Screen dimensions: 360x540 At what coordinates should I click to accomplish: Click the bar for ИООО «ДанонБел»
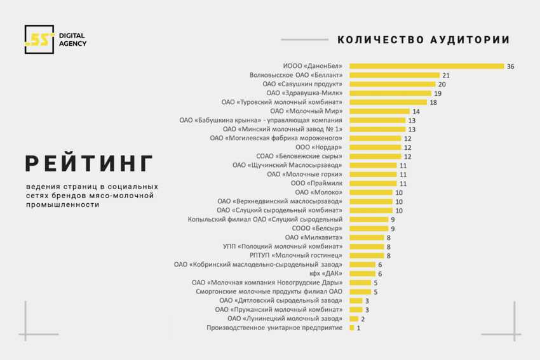(426, 66)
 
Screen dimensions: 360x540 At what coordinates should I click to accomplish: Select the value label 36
(511, 66)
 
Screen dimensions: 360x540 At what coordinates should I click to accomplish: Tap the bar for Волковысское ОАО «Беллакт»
(395, 75)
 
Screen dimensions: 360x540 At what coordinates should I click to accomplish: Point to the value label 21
(446, 75)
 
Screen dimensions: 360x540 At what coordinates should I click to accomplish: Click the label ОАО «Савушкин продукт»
(302, 84)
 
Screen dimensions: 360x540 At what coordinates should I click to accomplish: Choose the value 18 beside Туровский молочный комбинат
(433, 102)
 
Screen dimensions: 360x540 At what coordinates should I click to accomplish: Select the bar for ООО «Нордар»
(375, 147)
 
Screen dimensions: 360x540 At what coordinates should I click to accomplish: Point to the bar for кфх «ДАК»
(362, 274)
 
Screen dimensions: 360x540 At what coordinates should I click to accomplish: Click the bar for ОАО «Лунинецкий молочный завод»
(353, 318)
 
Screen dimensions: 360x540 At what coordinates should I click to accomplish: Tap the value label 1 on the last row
(359, 328)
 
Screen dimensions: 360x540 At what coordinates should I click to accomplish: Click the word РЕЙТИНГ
(89, 163)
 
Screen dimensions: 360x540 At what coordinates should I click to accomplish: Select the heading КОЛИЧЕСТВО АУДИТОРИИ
(423, 39)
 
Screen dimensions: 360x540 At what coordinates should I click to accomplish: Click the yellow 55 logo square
(39, 39)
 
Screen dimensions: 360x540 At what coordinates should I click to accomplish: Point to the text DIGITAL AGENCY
(72, 39)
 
